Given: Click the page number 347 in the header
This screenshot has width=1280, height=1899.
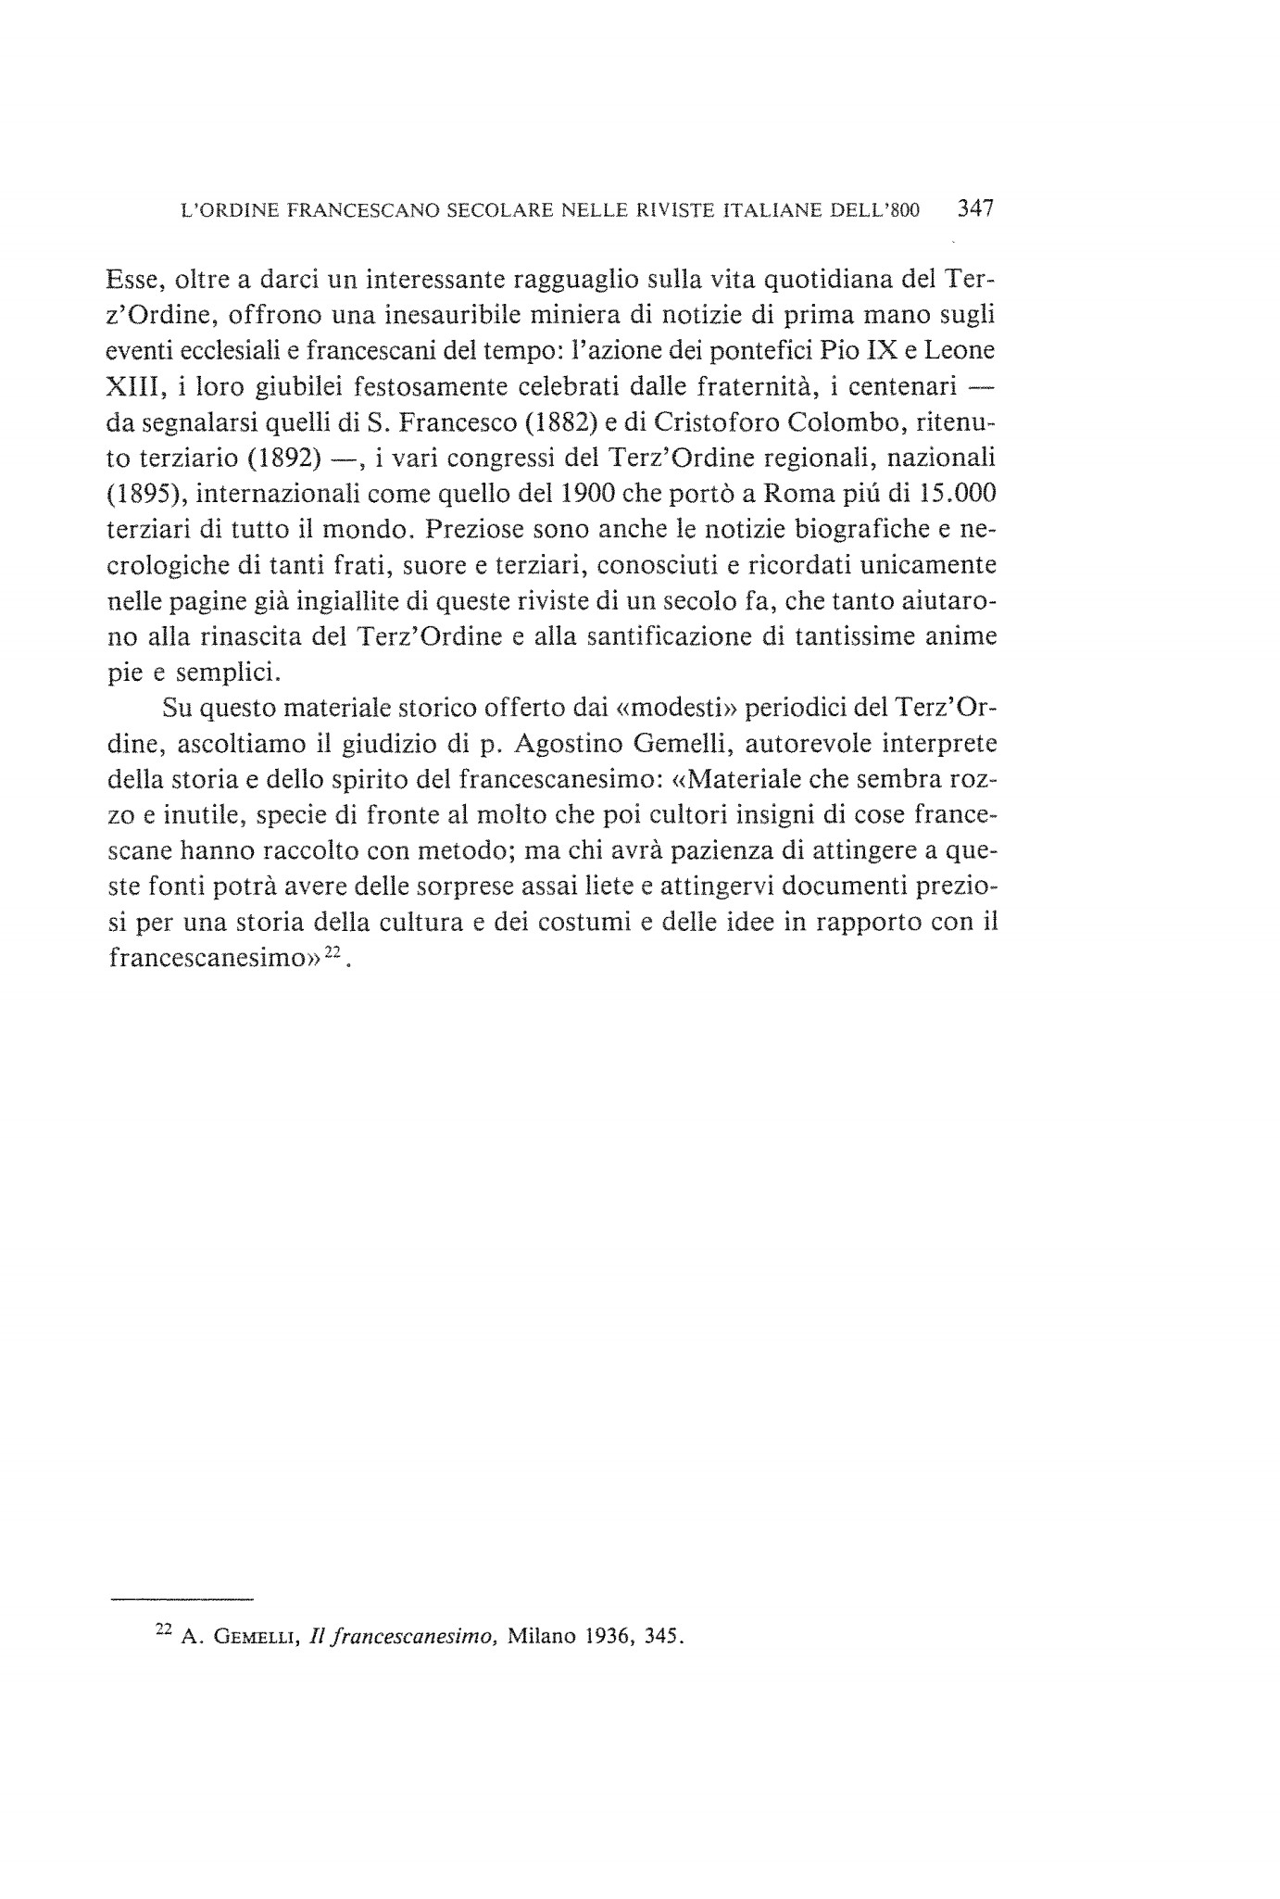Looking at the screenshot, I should [x=975, y=209].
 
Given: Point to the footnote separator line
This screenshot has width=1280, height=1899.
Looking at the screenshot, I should [x=182, y=1600].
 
